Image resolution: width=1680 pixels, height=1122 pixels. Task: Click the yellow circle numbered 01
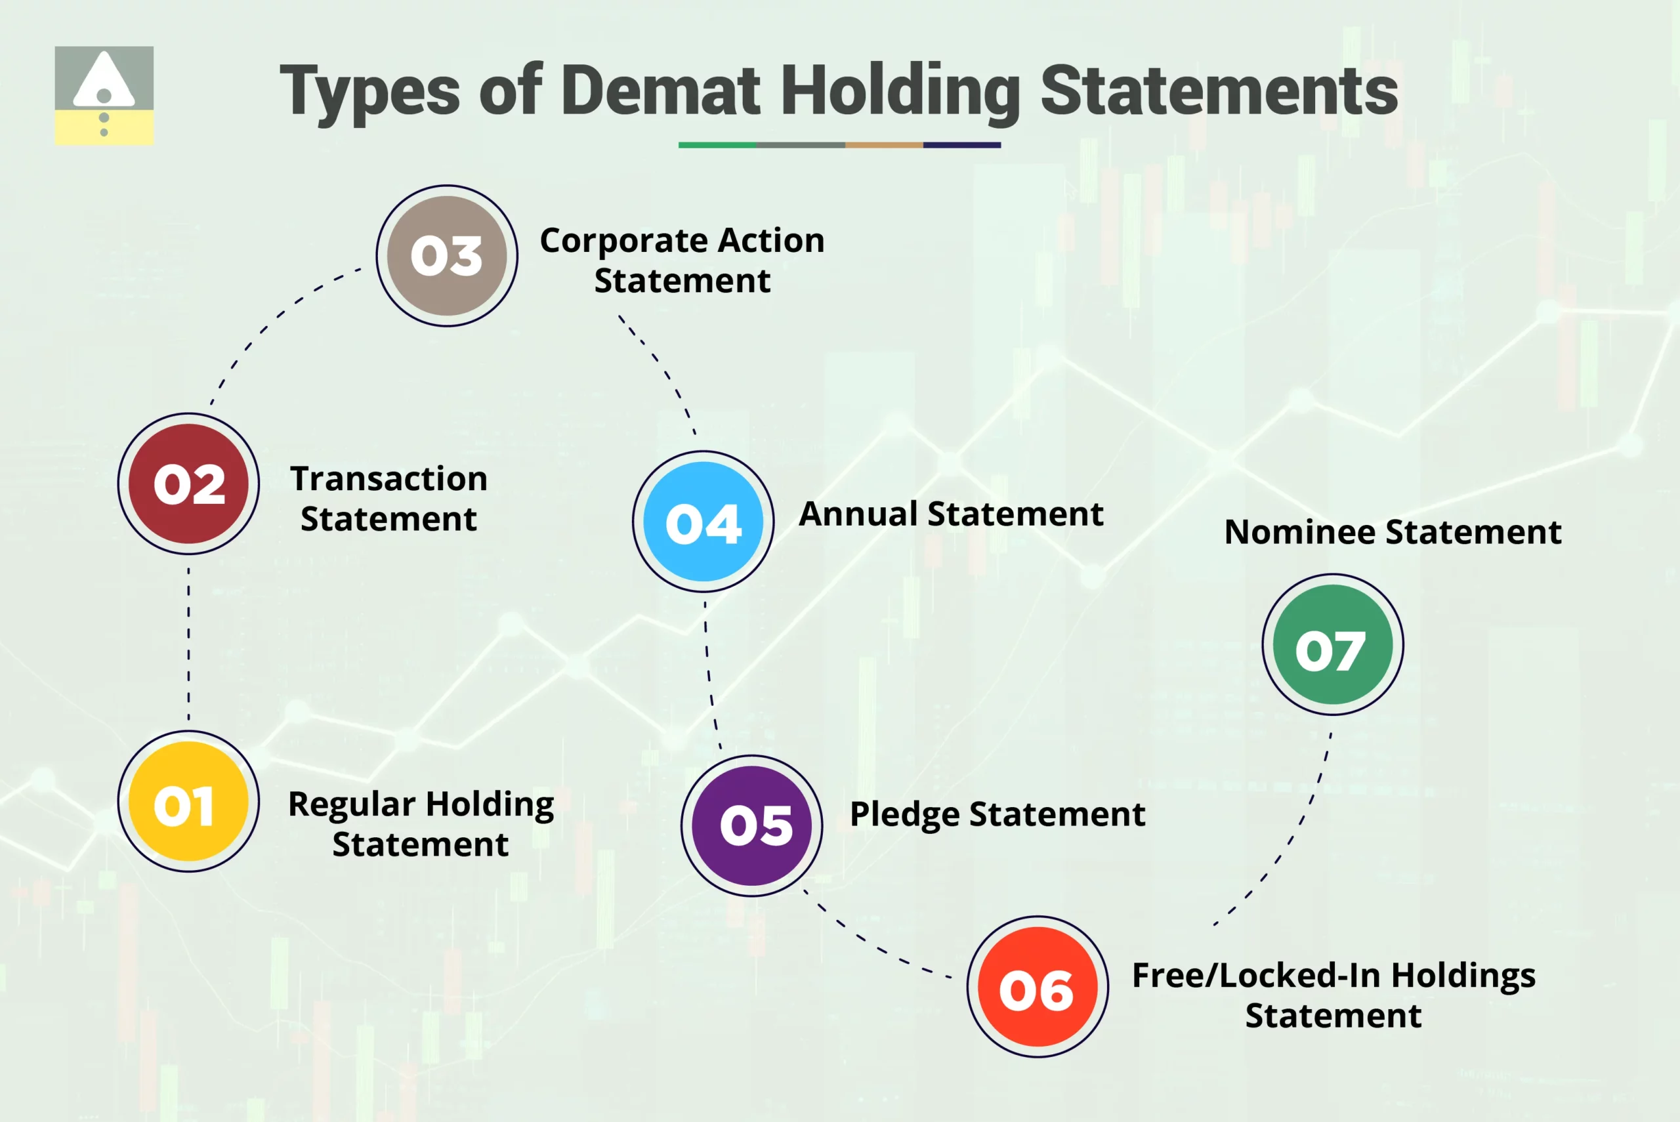click(188, 801)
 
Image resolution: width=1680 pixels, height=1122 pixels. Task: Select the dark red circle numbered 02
click(188, 484)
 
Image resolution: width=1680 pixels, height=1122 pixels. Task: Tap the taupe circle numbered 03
click(446, 255)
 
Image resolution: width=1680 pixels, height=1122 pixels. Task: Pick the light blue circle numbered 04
click(703, 521)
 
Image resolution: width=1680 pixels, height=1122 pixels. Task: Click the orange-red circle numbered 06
click(1037, 987)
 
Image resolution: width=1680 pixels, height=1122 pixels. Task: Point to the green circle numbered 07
click(1332, 644)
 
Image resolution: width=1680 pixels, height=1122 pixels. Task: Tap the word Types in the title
click(370, 92)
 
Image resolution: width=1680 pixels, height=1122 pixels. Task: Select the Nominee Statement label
click(1393, 532)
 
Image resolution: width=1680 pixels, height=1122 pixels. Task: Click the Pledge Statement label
click(997, 814)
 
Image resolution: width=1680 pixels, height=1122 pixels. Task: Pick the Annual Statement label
click(950, 514)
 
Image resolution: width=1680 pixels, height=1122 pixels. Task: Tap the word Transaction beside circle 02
click(388, 479)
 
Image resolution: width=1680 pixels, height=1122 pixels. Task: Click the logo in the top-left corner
click(104, 95)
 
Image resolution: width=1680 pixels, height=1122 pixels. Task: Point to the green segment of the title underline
click(717, 145)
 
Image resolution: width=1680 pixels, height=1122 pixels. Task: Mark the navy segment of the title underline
click(961, 145)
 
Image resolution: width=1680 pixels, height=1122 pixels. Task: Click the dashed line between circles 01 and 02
click(188, 642)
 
